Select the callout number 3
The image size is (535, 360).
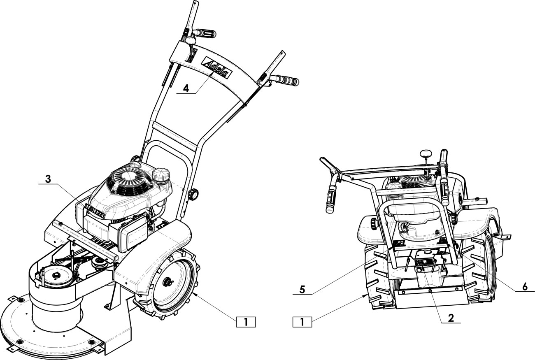click(48, 179)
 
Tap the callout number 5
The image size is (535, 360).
click(302, 289)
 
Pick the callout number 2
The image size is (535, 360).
click(451, 318)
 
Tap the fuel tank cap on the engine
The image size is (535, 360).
click(161, 176)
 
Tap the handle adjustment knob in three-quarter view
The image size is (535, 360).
click(192, 194)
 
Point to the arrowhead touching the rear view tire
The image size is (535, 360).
click(365, 295)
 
